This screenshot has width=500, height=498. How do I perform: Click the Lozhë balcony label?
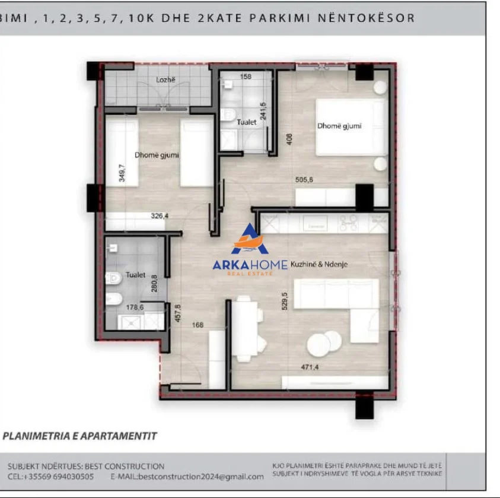tap(164, 80)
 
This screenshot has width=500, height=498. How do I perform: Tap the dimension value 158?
tap(246, 77)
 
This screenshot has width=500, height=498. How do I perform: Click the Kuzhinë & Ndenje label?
tap(319, 265)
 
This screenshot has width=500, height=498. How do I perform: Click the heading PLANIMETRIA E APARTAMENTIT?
tap(80, 436)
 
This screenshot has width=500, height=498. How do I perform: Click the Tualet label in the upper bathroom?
tap(247, 122)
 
